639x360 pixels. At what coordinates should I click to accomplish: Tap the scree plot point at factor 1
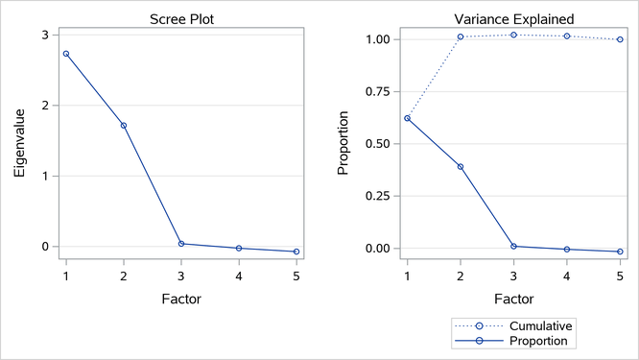click(x=66, y=54)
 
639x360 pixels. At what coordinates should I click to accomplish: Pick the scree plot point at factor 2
click(x=124, y=126)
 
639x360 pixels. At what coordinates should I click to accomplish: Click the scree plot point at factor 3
click(x=181, y=244)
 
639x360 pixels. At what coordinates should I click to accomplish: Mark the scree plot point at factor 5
click(x=296, y=252)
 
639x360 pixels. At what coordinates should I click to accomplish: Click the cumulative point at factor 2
click(x=460, y=37)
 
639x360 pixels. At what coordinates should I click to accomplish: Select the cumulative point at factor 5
click(x=620, y=39)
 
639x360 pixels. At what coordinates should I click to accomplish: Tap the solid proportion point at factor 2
click(x=460, y=167)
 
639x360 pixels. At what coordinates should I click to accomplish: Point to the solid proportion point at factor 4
click(x=567, y=250)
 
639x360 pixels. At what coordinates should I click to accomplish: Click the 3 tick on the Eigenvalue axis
click(x=44, y=35)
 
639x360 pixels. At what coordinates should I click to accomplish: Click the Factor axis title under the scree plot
click(x=181, y=299)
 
